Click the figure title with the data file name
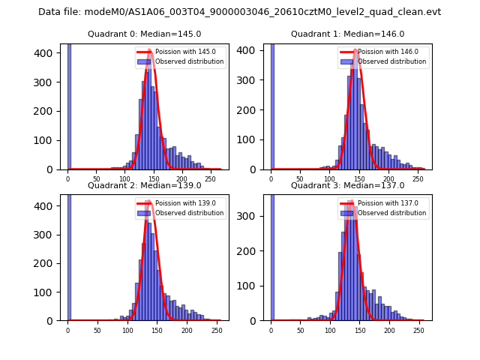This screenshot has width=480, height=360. tap(239, 12)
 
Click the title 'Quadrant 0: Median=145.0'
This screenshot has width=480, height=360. tap(144, 34)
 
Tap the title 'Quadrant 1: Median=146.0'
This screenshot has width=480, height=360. tap(347, 34)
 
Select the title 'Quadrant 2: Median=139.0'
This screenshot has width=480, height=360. tap(144, 185)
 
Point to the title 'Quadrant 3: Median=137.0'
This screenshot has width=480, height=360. tap(347, 185)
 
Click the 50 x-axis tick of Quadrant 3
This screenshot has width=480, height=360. tap(301, 329)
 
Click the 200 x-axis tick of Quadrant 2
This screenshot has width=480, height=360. tap(157, 329)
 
